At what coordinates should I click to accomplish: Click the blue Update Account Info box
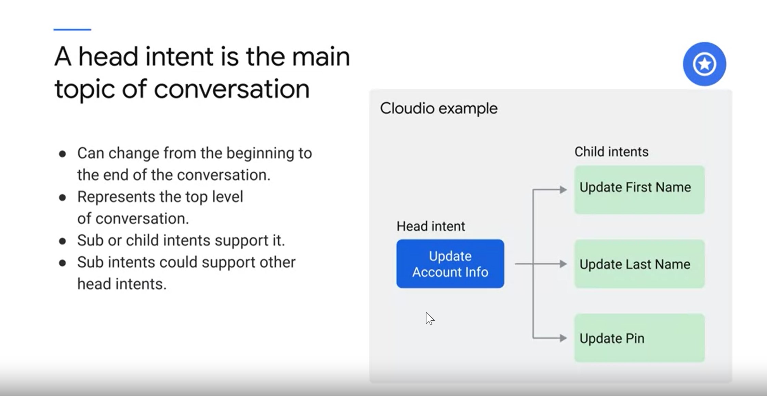(x=450, y=264)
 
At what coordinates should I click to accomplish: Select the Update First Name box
(x=639, y=190)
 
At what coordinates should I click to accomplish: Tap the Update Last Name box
(x=639, y=264)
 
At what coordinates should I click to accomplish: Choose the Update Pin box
(x=639, y=338)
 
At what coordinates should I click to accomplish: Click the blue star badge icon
(x=704, y=64)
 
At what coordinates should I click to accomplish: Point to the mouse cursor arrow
(x=429, y=318)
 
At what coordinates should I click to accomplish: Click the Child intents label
(x=611, y=151)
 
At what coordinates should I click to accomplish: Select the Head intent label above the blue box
(x=431, y=226)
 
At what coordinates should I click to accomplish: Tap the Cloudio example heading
(x=439, y=108)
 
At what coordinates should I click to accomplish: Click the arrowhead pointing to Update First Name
(x=563, y=190)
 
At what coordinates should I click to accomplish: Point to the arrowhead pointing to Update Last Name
(x=563, y=264)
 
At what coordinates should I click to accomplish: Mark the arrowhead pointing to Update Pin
(x=563, y=338)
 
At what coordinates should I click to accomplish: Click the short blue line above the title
(x=72, y=30)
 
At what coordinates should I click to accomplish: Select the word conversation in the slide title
(x=232, y=89)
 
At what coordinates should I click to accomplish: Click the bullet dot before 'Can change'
(x=62, y=154)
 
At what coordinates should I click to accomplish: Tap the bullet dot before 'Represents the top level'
(x=62, y=198)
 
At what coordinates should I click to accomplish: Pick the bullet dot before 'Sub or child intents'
(x=62, y=241)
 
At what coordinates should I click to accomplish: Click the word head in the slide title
(x=108, y=57)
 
